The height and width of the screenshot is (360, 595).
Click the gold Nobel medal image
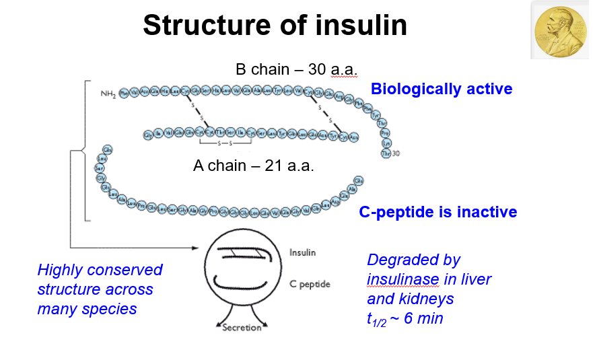click(x=561, y=30)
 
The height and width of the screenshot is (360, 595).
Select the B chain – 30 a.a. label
click(x=296, y=69)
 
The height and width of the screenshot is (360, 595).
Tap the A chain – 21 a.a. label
click(x=253, y=166)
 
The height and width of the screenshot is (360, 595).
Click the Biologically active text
click(x=442, y=89)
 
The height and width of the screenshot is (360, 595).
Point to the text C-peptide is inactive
click(x=438, y=212)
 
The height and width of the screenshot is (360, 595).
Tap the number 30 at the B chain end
click(x=396, y=153)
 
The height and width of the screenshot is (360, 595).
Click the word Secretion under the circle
click(x=242, y=328)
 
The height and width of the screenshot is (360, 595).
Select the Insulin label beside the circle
click(x=302, y=253)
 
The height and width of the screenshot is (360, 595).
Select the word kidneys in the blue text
click(x=428, y=298)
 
